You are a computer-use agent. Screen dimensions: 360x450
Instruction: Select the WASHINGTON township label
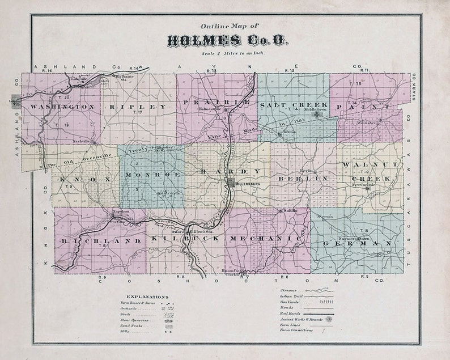point(62,107)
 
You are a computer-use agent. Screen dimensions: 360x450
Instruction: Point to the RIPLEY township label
point(139,107)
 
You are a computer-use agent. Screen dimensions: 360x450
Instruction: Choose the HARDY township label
point(227,171)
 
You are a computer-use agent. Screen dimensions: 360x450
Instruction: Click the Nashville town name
point(82,141)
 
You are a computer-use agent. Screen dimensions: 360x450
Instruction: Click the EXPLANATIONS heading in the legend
point(147,297)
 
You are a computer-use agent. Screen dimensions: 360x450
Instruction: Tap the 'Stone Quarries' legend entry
point(135,320)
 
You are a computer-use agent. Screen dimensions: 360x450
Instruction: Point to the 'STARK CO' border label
point(414,87)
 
